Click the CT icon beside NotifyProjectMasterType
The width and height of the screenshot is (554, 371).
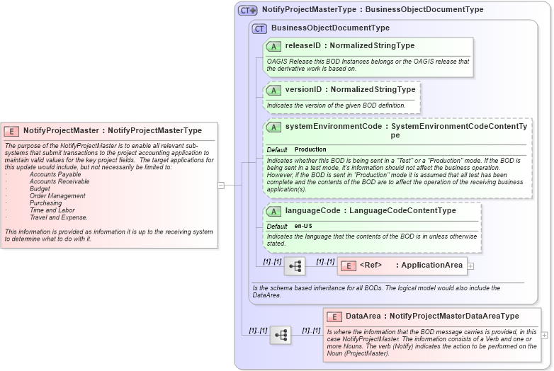tap(247, 10)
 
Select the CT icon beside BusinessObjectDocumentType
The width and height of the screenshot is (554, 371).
tap(259, 28)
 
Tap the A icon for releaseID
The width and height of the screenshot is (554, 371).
tap(273, 46)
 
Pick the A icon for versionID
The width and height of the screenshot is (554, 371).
tap(273, 90)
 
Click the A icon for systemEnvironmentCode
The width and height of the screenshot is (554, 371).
tap(273, 127)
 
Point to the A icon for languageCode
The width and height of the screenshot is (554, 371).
tap(273, 211)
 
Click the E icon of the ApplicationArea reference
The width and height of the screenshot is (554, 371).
tap(348, 266)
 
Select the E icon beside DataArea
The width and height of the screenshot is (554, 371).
tap(334, 316)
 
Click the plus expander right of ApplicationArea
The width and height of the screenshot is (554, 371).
tap(470, 266)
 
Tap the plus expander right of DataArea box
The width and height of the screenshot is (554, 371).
tap(545, 335)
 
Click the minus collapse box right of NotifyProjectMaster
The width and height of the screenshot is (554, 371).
tap(221, 185)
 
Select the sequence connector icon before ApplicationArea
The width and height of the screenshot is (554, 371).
tap(295, 266)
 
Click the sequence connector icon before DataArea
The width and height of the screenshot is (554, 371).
tap(281, 335)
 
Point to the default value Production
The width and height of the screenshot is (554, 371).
tap(310, 150)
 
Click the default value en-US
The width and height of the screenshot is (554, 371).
tap(303, 226)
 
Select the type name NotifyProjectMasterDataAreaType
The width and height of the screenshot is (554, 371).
tap(454, 316)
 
